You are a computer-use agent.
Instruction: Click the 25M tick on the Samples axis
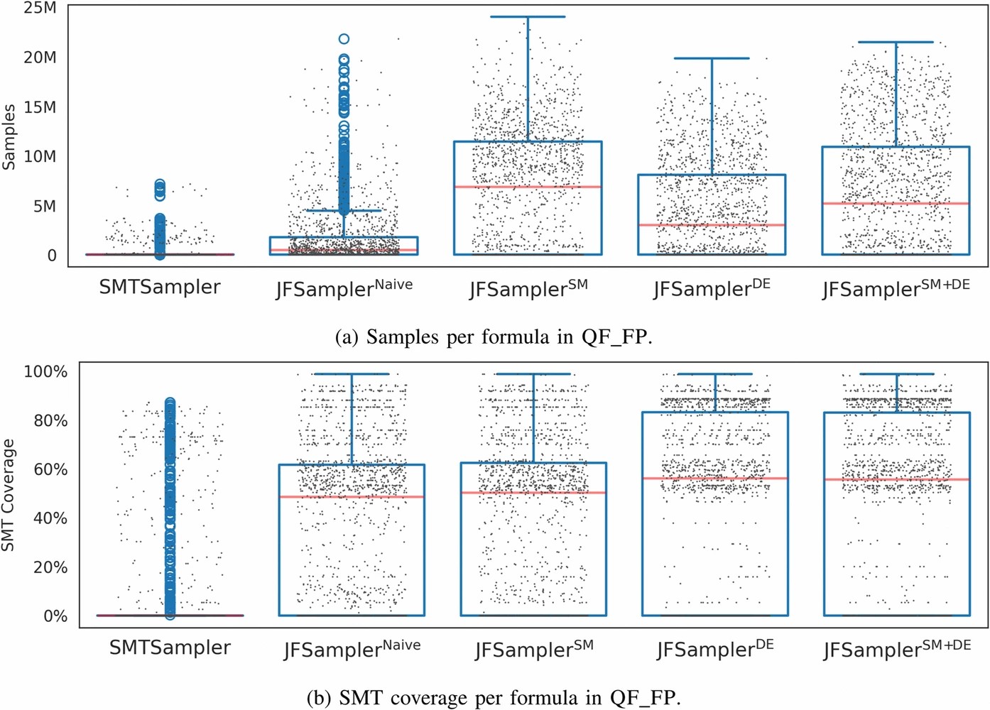tap(40, 9)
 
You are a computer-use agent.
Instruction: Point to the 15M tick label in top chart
tap(40, 107)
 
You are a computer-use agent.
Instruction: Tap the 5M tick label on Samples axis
tap(44, 206)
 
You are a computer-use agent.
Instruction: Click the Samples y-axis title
tap(9, 137)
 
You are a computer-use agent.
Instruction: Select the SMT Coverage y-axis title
tap(9, 495)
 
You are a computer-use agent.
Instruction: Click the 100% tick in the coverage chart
tap(45, 371)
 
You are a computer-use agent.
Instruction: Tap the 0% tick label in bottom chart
tap(55, 616)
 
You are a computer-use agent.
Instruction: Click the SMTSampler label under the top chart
tap(159, 288)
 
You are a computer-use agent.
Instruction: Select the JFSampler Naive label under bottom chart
tap(352, 649)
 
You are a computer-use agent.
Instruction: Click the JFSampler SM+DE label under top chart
tap(896, 288)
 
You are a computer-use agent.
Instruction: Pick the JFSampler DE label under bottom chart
tap(714, 649)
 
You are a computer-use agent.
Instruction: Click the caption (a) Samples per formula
tap(493, 337)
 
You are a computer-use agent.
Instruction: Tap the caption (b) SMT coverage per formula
tap(493, 698)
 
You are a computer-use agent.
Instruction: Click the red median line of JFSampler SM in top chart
tap(528, 187)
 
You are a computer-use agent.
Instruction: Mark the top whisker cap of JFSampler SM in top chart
tap(528, 16)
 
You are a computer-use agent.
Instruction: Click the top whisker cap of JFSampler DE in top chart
tap(712, 58)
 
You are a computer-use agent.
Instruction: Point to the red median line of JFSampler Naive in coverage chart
tap(352, 496)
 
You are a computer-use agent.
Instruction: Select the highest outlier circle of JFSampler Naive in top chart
tap(344, 39)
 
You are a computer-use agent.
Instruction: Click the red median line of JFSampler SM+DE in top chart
tap(896, 204)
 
